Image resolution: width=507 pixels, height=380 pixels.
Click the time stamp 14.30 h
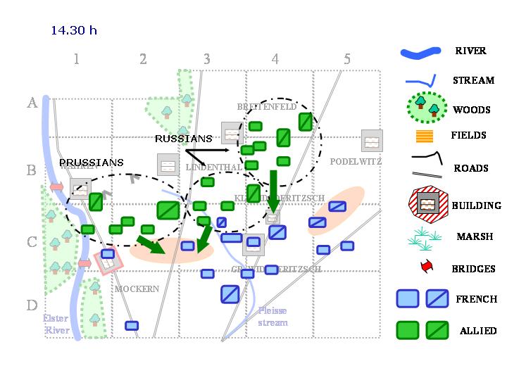point(74,30)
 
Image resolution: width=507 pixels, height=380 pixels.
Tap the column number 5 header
point(346,59)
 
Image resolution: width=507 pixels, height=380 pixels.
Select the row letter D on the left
point(32,305)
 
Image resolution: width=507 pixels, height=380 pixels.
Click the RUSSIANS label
point(183,139)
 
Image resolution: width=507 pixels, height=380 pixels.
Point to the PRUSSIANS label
point(92,163)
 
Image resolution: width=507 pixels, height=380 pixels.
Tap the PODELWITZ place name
point(356,162)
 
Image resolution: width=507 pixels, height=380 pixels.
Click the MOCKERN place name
point(137,289)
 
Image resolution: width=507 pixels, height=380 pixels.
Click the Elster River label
point(57,324)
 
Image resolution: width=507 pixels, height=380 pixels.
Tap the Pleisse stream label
point(273,316)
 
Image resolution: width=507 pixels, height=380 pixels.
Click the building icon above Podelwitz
point(371,141)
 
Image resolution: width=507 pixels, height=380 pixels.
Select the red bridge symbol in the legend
point(424,267)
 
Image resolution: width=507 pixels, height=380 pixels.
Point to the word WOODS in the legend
point(471,110)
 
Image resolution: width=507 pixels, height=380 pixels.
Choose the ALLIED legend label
point(478,330)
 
